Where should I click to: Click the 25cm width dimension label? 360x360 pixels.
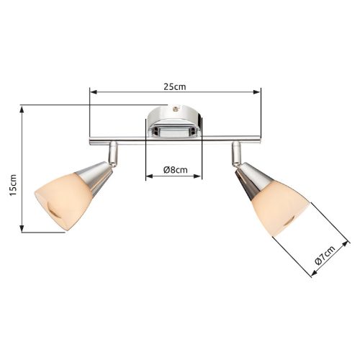pos(175,86)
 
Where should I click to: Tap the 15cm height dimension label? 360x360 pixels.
pos(13,185)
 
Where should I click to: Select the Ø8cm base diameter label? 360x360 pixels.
pos(176,170)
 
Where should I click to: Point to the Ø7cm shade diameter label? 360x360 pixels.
pos(325,255)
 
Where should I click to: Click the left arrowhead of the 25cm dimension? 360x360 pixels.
pos(94,92)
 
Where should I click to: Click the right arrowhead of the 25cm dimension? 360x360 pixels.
pos(257,92)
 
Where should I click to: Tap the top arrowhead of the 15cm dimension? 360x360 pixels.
pos(22,109)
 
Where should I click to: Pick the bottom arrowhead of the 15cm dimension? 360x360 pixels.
pos(22,228)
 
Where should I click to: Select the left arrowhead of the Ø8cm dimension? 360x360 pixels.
pos(150,176)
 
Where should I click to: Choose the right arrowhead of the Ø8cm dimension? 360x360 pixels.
pos(197,176)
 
